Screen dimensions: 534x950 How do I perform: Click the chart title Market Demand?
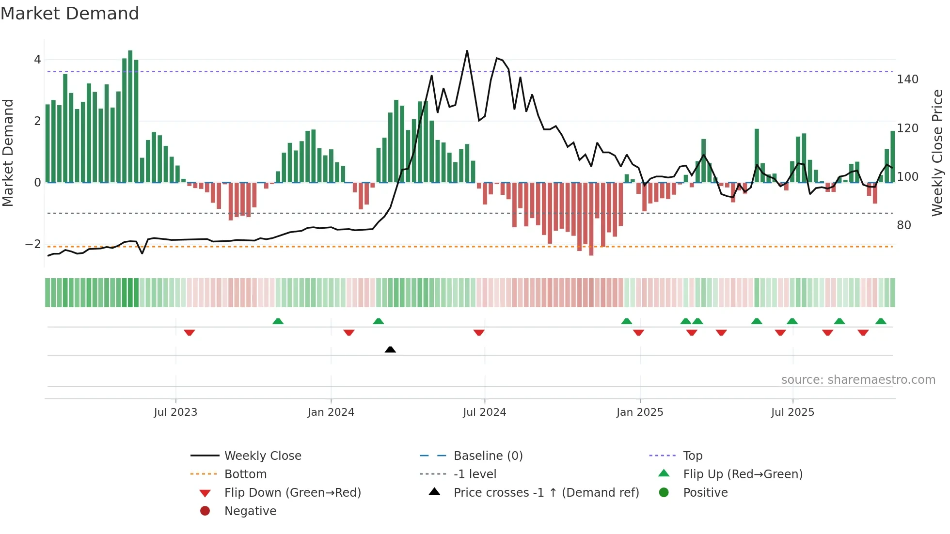(x=70, y=14)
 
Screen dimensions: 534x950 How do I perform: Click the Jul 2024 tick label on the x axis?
(x=484, y=412)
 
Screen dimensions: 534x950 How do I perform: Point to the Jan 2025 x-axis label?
(x=639, y=412)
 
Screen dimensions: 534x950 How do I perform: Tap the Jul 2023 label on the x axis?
(x=175, y=412)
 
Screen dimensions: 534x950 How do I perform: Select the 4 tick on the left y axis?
(x=37, y=60)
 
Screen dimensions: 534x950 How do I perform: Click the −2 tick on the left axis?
(x=33, y=244)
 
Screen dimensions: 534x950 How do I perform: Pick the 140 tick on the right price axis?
(x=907, y=79)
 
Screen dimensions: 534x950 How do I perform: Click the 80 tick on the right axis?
(x=903, y=225)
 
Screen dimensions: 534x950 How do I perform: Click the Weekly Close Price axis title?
(x=937, y=153)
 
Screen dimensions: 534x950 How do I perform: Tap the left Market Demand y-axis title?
(x=8, y=153)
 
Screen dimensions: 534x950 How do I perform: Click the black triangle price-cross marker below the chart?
(x=390, y=349)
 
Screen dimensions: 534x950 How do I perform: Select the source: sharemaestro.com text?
(x=858, y=380)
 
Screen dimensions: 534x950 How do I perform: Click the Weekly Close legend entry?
(x=262, y=456)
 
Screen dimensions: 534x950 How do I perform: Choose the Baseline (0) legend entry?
(x=488, y=456)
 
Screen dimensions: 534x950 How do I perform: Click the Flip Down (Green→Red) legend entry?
(x=292, y=493)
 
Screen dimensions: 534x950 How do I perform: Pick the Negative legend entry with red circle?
(x=250, y=511)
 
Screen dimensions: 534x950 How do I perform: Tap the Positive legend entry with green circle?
(x=705, y=493)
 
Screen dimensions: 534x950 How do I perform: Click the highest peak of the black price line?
(x=467, y=51)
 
